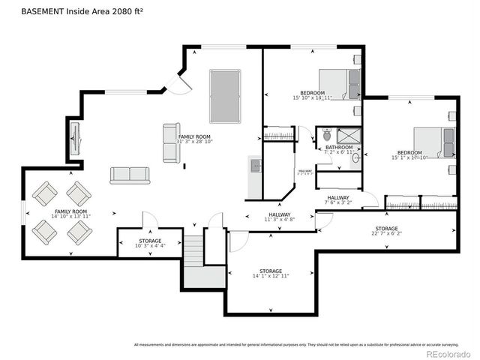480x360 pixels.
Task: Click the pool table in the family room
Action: click(x=224, y=96)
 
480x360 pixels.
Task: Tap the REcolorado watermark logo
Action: click(x=448, y=353)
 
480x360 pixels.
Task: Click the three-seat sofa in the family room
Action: click(x=130, y=175)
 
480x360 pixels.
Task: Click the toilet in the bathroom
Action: click(x=326, y=136)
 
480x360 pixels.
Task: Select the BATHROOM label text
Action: click(x=339, y=148)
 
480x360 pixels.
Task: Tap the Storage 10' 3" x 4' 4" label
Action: click(x=148, y=243)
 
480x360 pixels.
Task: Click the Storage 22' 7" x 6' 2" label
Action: click(x=386, y=231)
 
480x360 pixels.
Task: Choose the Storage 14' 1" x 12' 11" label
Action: click(x=270, y=273)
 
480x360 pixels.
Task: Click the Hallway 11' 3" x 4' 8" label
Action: click(x=279, y=217)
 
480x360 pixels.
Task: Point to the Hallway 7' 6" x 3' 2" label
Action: click(x=337, y=199)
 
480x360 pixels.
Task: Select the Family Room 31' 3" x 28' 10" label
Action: click(x=194, y=139)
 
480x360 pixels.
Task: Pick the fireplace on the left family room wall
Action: click(x=74, y=136)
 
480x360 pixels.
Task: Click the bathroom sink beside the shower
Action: click(x=355, y=158)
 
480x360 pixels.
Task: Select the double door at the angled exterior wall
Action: click(x=177, y=84)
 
